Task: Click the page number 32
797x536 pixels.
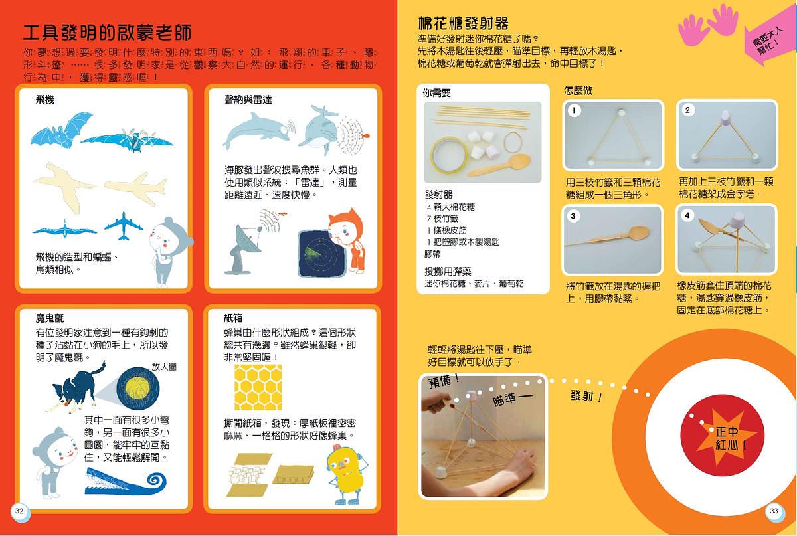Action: click(x=19, y=511)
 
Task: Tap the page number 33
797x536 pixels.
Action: click(x=774, y=511)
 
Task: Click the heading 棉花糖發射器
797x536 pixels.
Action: click(x=464, y=23)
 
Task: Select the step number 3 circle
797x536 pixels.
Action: click(x=573, y=216)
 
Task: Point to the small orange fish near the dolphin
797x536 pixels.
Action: click(x=365, y=135)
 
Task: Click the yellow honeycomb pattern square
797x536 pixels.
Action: click(x=258, y=387)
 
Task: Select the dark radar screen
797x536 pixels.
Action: click(x=322, y=254)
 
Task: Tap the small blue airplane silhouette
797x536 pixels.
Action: click(x=124, y=226)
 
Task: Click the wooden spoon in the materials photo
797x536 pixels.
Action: click(x=499, y=165)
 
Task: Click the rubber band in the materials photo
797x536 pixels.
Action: click(x=513, y=142)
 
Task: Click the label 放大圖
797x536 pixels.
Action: click(x=164, y=367)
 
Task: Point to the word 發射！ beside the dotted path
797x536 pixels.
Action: click(x=586, y=396)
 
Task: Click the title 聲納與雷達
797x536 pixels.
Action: click(x=248, y=100)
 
